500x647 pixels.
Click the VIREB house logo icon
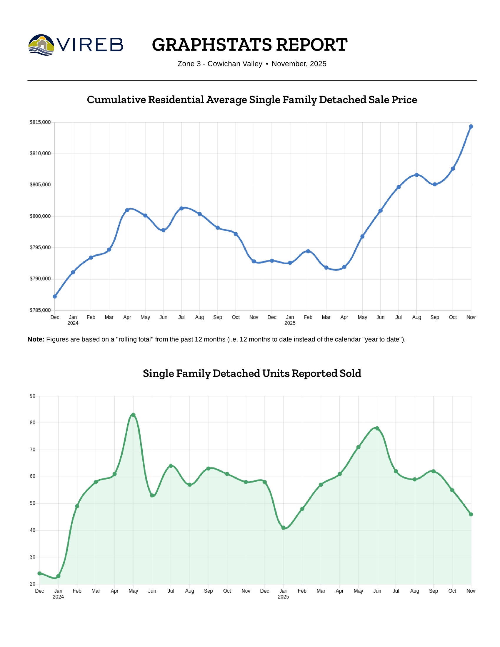point(41,45)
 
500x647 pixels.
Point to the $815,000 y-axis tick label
point(40,122)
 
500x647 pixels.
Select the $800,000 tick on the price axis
point(40,216)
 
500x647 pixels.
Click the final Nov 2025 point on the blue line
point(471,126)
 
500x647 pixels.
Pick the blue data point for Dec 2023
point(55,296)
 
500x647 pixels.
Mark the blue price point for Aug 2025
point(416,175)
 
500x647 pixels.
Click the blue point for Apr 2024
point(127,210)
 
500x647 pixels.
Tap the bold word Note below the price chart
point(36,339)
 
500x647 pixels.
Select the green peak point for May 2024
point(133,415)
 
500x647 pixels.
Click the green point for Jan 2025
point(284,528)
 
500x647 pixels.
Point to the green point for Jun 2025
point(377,428)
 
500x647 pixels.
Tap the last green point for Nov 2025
point(471,514)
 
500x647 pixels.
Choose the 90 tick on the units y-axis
point(33,396)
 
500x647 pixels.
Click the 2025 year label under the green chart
point(283,597)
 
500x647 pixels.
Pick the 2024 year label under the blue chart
point(73,323)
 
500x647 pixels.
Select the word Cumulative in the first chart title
point(116,100)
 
